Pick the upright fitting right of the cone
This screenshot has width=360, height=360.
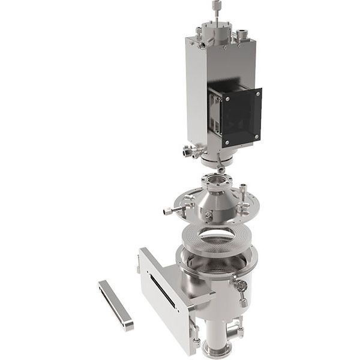pyautogui.click(x=242, y=196)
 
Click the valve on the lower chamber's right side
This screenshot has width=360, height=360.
pyautogui.click(x=242, y=287)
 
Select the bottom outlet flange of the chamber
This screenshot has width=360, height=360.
pyautogui.click(x=216, y=349)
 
